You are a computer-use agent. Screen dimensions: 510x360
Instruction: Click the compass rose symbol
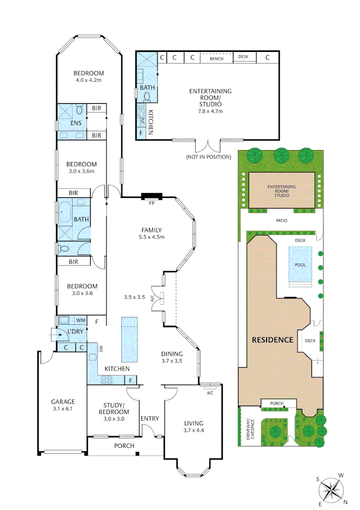pyautogui.click(x=334, y=489)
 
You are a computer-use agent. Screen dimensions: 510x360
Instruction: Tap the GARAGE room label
pyautogui.click(x=63, y=402)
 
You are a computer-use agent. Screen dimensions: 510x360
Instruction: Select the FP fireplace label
pyautogui.click(x=151, y=204)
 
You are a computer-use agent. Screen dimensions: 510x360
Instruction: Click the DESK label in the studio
pyautogui.click(x=243, y=57)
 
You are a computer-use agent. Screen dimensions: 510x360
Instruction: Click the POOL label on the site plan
pyautogui.click(x=300, y=265)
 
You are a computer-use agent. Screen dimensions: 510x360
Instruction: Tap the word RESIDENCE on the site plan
pyautogui.click(x=273, y=340)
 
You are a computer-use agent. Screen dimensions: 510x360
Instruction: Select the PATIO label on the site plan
pyautogui.click(x=282, y=221)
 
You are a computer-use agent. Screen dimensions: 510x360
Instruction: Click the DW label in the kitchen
pyautogui.click(x=101, y=349)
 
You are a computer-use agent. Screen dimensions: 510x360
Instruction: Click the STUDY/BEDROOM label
pyautogui.click(x=113, y=408)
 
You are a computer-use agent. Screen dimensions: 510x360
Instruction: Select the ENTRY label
pyautogui.click(x=150, y=418)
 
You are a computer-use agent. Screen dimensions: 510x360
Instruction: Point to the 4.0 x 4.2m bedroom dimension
pyautogui.click(x=89, y=80)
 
